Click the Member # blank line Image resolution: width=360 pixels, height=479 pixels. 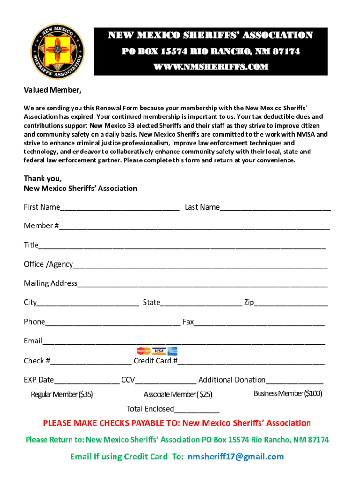click(x=194, y=227)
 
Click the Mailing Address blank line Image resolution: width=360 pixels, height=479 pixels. click(x=202, y=284)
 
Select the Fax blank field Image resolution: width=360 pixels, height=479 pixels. click(x=259, y=323)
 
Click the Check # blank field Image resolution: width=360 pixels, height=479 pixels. click(x=91, y=362)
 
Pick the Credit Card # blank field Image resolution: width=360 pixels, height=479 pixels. click(x=251, y=362)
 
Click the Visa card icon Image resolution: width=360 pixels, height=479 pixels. click(x=159, y=351)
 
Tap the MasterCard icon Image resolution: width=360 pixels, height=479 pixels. click(x=144, y=351)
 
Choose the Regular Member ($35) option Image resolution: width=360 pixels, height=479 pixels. click(x=62, y=394)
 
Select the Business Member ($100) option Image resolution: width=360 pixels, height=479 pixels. click(x=288, y=393)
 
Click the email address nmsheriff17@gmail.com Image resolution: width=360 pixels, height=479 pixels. click(x=236, y=457)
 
